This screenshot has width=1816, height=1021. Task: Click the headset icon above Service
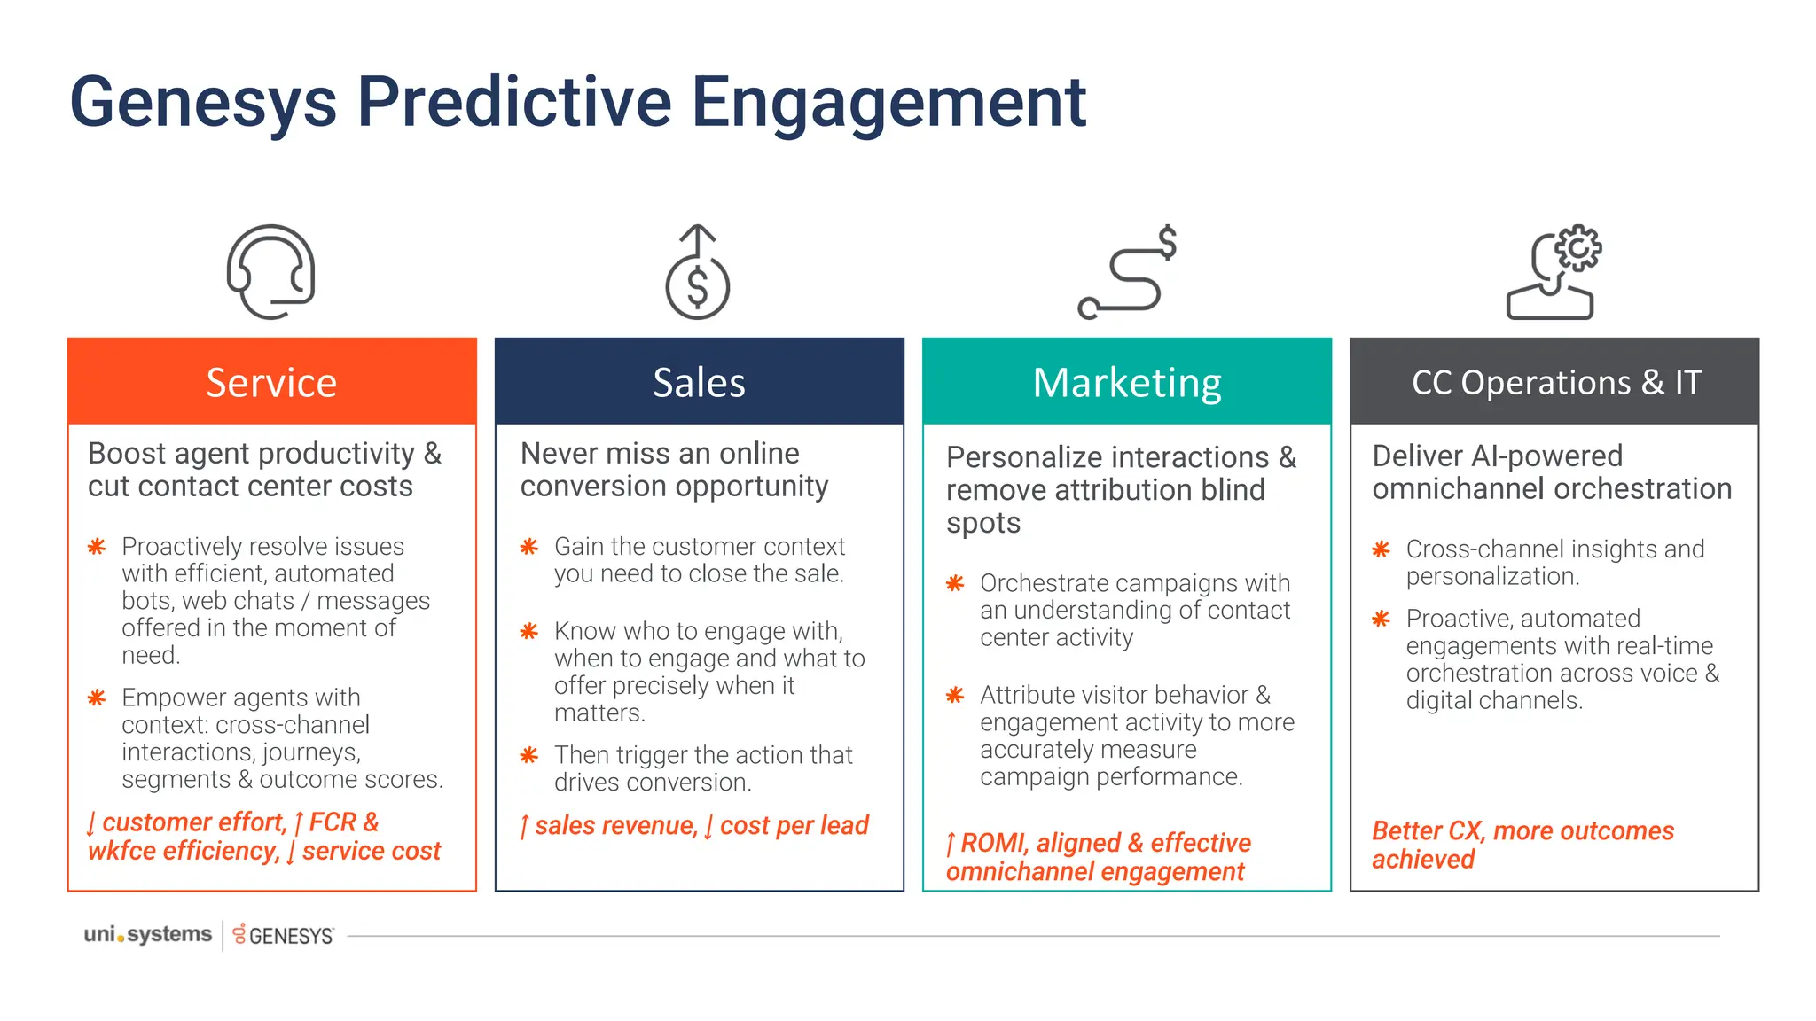tap(270, 271)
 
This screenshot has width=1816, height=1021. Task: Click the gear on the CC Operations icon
tap(1578, 249)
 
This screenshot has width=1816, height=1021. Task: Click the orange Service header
tap(271, 382)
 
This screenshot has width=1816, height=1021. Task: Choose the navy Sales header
tap(699, 382)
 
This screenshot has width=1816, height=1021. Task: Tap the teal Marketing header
tap(1126, 382)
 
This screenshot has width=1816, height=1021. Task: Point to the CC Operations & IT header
tap(1554, 382)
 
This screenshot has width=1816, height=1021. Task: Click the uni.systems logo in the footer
tap(147, 935)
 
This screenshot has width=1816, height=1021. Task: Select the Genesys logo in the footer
tap(283, 936)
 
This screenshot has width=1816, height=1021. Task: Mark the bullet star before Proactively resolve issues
tap(97, 547)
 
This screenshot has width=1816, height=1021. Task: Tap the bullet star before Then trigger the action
tap(529, 755)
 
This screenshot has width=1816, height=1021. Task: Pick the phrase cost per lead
tap(794, 826)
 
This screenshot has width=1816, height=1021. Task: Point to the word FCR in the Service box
tap(333, 822)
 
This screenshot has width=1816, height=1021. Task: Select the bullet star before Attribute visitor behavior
tap(955, 695)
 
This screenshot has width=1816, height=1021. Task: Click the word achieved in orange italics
tap(1422, 860)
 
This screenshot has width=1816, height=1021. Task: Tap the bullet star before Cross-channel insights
tap(1381, 549)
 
